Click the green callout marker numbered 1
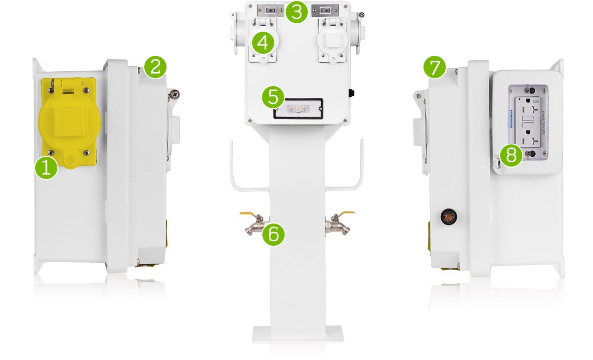point(46,168)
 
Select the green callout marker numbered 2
point(155,66)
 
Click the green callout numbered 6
point(273,234)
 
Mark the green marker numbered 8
point(510,155)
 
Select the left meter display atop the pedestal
point(271,10)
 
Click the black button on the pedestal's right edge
point(352,92)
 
